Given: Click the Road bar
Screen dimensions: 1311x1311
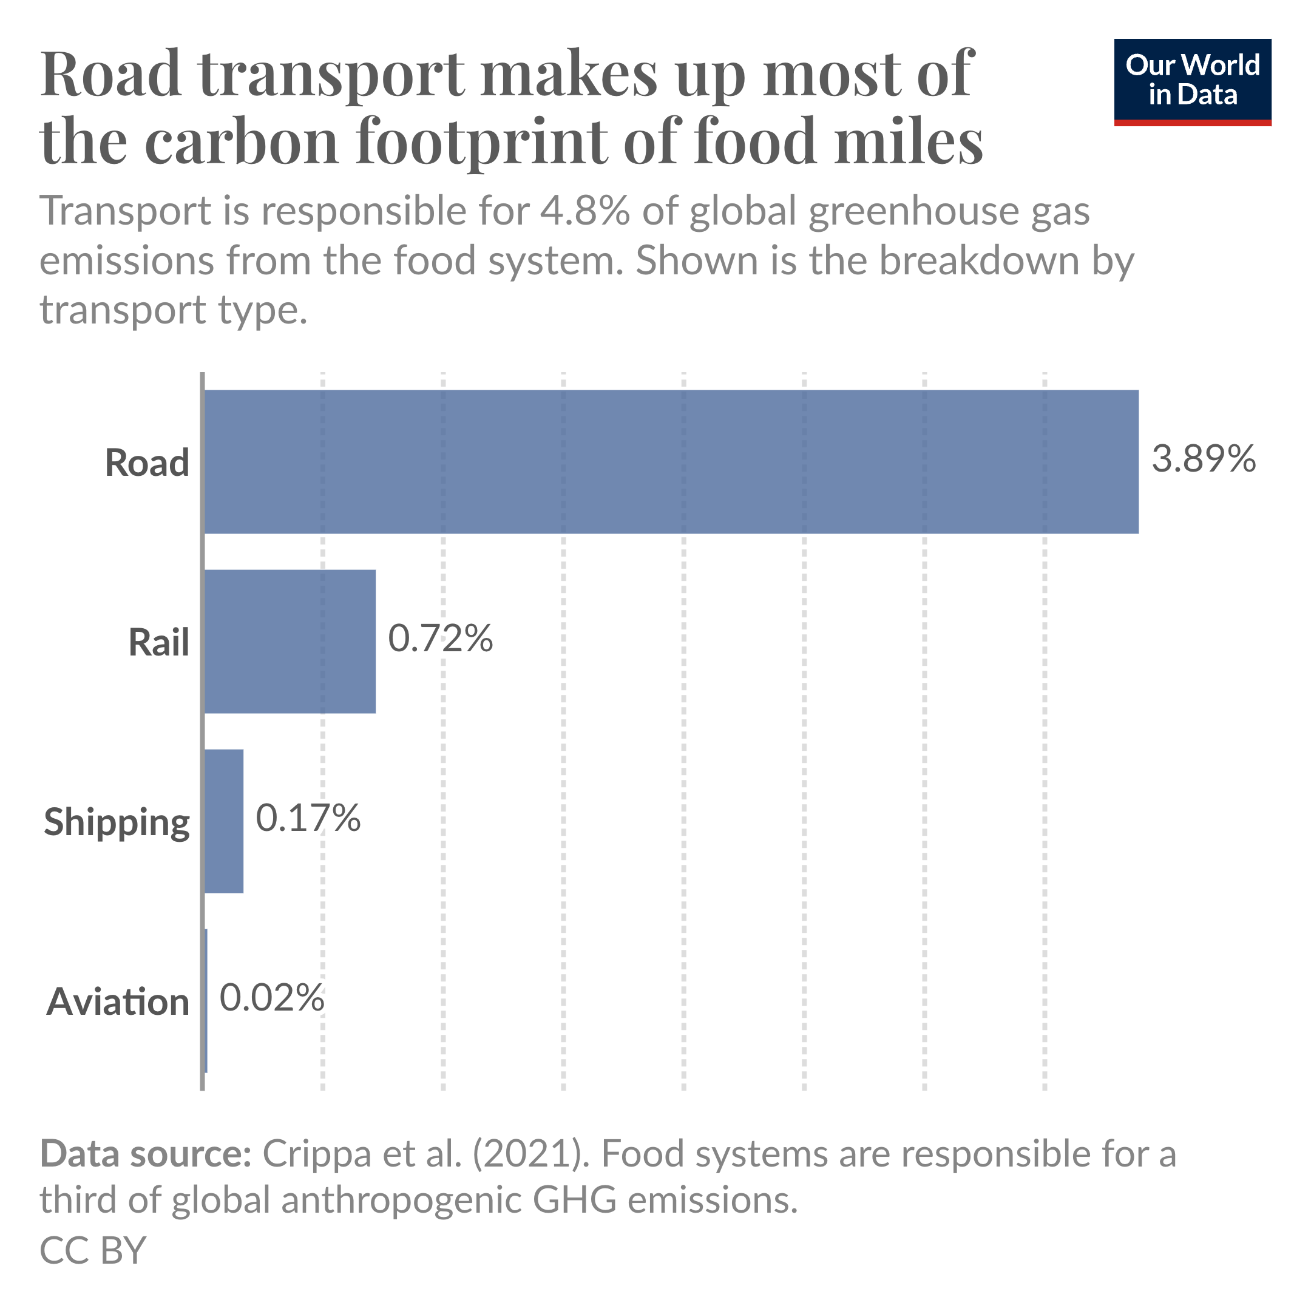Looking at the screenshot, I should point(671,461).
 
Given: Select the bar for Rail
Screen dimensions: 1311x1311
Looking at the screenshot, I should point(290,642).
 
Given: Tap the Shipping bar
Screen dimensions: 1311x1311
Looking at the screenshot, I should point(224,821).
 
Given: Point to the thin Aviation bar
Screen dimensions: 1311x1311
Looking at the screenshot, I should point(206,1001).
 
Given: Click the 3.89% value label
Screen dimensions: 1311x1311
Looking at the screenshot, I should point(1203,459).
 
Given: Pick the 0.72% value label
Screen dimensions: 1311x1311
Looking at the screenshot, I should point(439,639).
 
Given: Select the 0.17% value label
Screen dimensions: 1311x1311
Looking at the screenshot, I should point(307,818).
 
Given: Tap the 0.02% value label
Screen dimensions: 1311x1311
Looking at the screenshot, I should point(271,998).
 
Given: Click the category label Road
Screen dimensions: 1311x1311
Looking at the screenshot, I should point(146,464).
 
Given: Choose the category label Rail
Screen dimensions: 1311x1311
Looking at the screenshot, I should point(159,643).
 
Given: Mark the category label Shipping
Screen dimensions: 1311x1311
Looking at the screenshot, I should point(117,823).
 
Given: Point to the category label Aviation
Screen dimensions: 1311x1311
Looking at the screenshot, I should point(117,1002).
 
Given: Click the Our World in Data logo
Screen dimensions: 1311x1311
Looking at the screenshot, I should point(1192,82).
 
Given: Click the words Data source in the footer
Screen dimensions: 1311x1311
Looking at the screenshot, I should point(146,1153).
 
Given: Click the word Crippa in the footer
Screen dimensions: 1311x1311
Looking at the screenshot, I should point(317,1153).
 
